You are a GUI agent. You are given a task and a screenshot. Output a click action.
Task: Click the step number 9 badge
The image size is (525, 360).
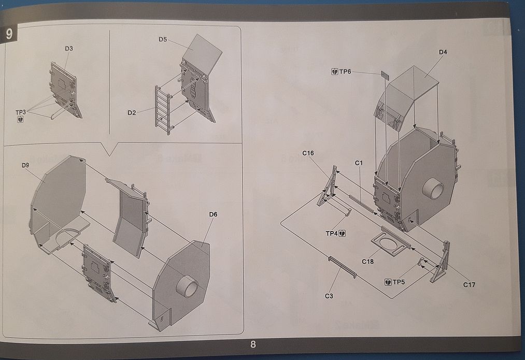click(10, 34)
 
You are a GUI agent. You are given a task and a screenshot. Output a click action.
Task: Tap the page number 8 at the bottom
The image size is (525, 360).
click(253, 344)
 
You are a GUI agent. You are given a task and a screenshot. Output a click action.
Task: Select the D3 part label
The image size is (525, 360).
click(69, 49)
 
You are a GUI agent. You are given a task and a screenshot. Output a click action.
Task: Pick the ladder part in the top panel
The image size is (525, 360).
click(162, 109)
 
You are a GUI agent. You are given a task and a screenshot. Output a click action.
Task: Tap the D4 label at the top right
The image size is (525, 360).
click(443, 52)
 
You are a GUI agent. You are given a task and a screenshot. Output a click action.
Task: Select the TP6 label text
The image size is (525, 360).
click(345, 71)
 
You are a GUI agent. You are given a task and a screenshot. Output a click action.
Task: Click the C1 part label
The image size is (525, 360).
click(358, 163)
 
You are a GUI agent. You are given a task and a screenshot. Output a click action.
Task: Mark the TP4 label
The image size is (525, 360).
click(332, 234)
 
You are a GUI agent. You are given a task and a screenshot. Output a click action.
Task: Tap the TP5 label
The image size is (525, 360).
click(399, 282)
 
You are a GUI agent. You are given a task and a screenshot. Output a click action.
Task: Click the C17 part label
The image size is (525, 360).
click(469, 284)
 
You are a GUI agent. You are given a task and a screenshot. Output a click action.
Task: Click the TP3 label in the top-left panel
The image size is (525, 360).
click(20, 112)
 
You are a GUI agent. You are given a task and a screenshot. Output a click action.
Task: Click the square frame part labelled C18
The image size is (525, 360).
click(389, 244)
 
